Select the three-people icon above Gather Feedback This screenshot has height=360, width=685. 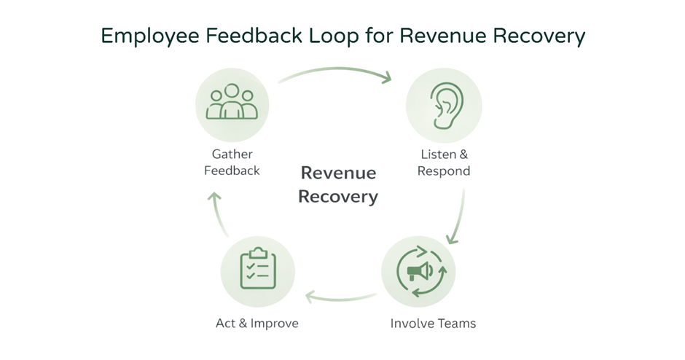coord(232,103)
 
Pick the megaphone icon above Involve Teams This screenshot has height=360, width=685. coord(419,272)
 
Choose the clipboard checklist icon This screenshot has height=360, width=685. coord(257,269)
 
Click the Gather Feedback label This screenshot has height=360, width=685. coord(232,163)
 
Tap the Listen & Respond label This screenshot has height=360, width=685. coord(444,163)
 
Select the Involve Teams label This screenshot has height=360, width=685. coord(433,323)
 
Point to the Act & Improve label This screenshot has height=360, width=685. coord(257,323)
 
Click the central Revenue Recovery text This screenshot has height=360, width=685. coord(338,184)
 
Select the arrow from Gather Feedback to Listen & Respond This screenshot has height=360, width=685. coord(335,71)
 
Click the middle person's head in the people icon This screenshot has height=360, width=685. coord(232,91)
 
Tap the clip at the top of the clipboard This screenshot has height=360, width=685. coord(257,252)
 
